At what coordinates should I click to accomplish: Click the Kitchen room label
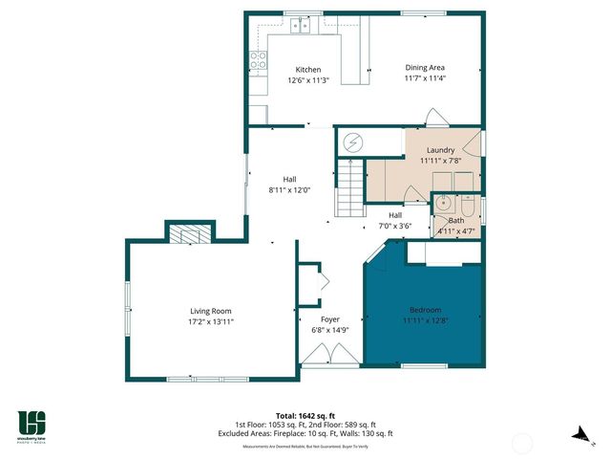pos(307,70)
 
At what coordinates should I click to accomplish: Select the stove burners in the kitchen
pos(258,63)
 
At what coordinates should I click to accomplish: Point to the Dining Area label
pos(425,67)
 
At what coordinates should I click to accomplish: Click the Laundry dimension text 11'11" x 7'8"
pos(439,161)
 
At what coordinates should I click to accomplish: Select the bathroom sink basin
pos(443,204)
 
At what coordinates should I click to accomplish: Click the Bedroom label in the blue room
pos(425,311)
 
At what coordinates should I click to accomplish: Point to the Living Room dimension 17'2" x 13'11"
pos(211,322)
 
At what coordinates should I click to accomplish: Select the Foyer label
pos(329,319)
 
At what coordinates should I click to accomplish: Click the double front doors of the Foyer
pos(330,354)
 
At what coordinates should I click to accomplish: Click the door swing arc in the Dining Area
pos(434,119)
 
